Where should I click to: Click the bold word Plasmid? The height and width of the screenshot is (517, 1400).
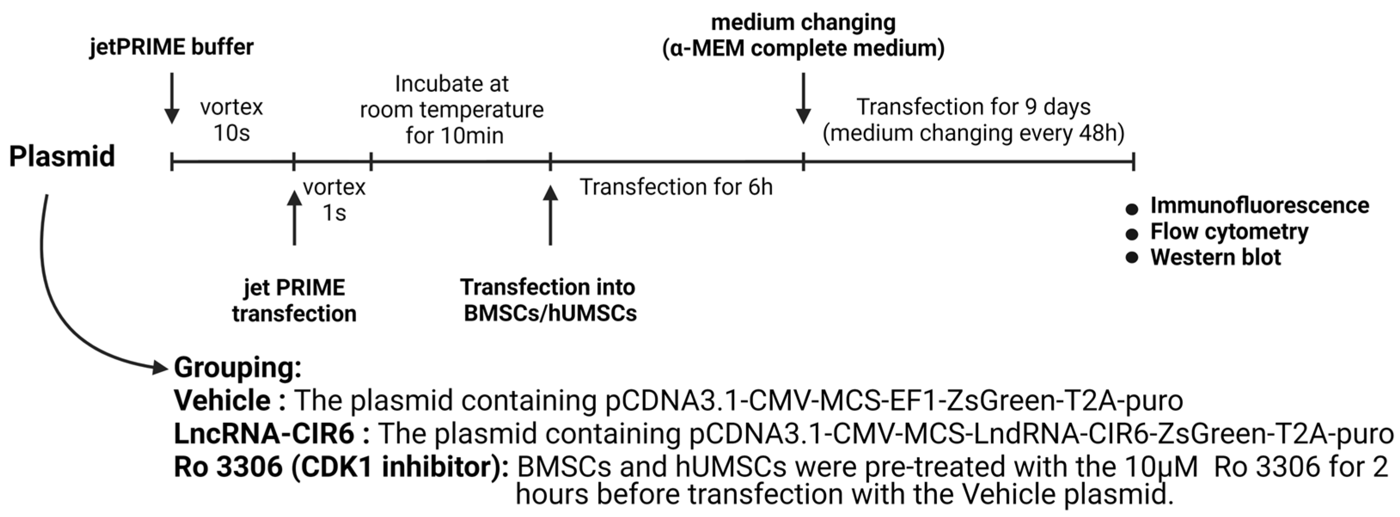tap(62, 156)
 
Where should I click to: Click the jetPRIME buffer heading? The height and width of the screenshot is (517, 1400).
tap(171, 47)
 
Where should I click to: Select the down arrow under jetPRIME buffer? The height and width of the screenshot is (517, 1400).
tap(172, 98)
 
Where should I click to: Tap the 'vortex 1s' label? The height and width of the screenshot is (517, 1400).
tap(334, 199)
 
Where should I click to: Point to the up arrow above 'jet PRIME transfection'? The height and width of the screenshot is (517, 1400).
tap(294, 217)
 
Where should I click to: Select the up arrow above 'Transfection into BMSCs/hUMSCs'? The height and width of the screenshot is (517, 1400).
tap(551, 215)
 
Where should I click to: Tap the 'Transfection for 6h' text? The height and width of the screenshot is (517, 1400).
tap(676, 187)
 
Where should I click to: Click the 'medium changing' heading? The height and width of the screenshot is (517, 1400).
tap(803, 23)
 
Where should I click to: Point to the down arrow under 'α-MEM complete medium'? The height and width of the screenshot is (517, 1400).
tap(803, 98)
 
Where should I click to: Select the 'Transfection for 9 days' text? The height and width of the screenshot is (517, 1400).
tap(973, 107)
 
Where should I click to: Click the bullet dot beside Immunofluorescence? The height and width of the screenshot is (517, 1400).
tap(1132, 209)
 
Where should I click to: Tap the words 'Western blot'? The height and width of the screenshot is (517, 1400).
tap(1215, 257)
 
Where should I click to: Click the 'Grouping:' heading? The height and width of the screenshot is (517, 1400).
tap(238, 367)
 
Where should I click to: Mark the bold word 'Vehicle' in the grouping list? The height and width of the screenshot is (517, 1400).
tap(222, 401)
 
